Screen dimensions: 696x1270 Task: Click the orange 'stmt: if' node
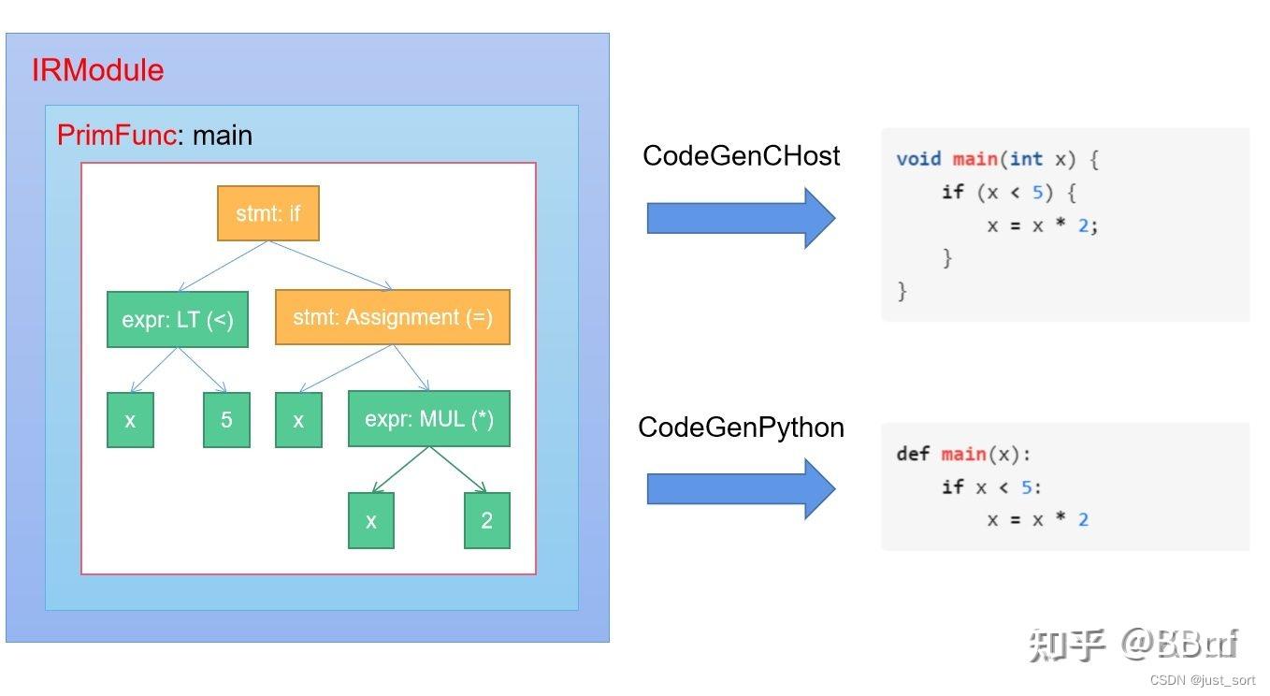coord(268,214)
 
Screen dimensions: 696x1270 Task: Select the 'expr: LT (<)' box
coord(178,320)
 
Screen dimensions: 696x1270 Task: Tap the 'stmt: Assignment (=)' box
coord(393,317)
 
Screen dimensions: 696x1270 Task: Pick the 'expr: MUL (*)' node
coord(429,419)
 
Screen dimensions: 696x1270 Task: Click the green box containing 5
coord(226,420)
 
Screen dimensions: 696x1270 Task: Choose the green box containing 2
coord(487,521)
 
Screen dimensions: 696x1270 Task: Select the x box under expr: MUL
coord(371,521)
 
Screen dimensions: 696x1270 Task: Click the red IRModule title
coord(97,71)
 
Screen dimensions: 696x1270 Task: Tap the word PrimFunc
coord(116,136)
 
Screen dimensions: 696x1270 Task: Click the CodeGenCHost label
coord(741,156)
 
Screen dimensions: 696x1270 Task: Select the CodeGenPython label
coord(741,428)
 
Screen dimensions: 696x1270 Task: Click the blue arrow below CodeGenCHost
coord(740,218)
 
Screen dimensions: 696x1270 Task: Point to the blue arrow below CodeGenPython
coord(740,487)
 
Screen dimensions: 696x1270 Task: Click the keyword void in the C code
coord(918,159)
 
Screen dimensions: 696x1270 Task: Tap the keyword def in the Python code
coord(913,454)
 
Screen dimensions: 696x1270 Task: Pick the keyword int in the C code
coord(1026,159)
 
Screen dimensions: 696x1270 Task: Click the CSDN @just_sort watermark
coord(1203,681)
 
